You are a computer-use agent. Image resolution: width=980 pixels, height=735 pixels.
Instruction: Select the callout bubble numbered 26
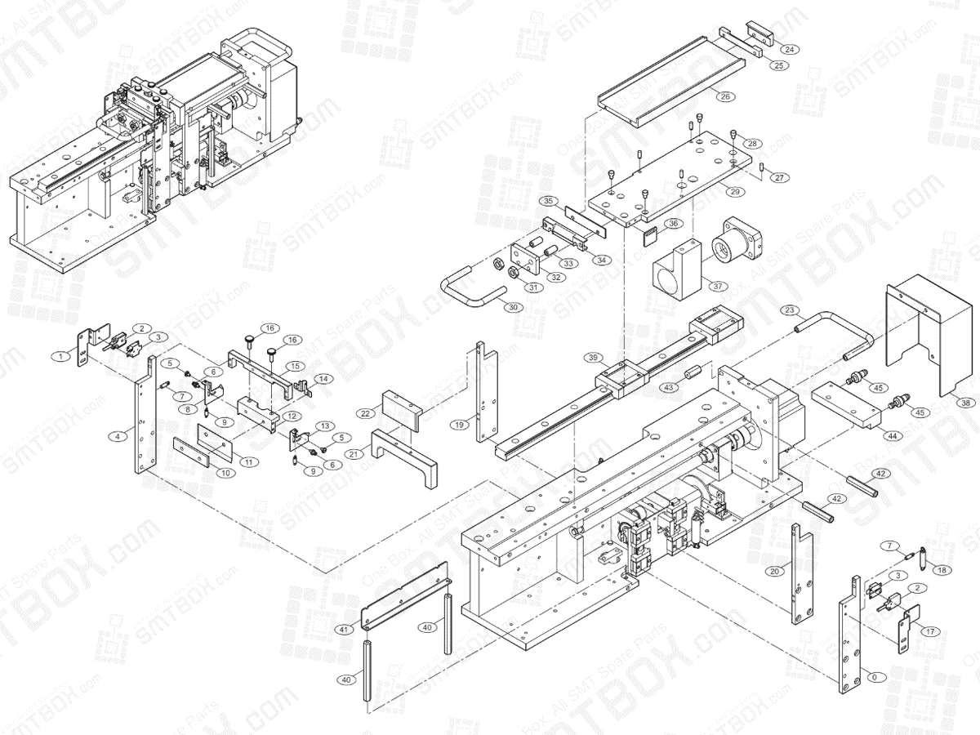pos(724,96)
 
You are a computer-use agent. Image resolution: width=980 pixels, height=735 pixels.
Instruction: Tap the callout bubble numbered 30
pos(512,308)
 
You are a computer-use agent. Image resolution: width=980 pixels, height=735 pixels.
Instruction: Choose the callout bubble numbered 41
pos(345,630)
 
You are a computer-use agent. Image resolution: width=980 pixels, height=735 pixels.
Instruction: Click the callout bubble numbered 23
pos(788,310)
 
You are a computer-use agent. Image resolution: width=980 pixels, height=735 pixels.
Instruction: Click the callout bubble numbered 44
pos(893,436)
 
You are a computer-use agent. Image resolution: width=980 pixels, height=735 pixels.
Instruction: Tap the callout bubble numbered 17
pos(929,630)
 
